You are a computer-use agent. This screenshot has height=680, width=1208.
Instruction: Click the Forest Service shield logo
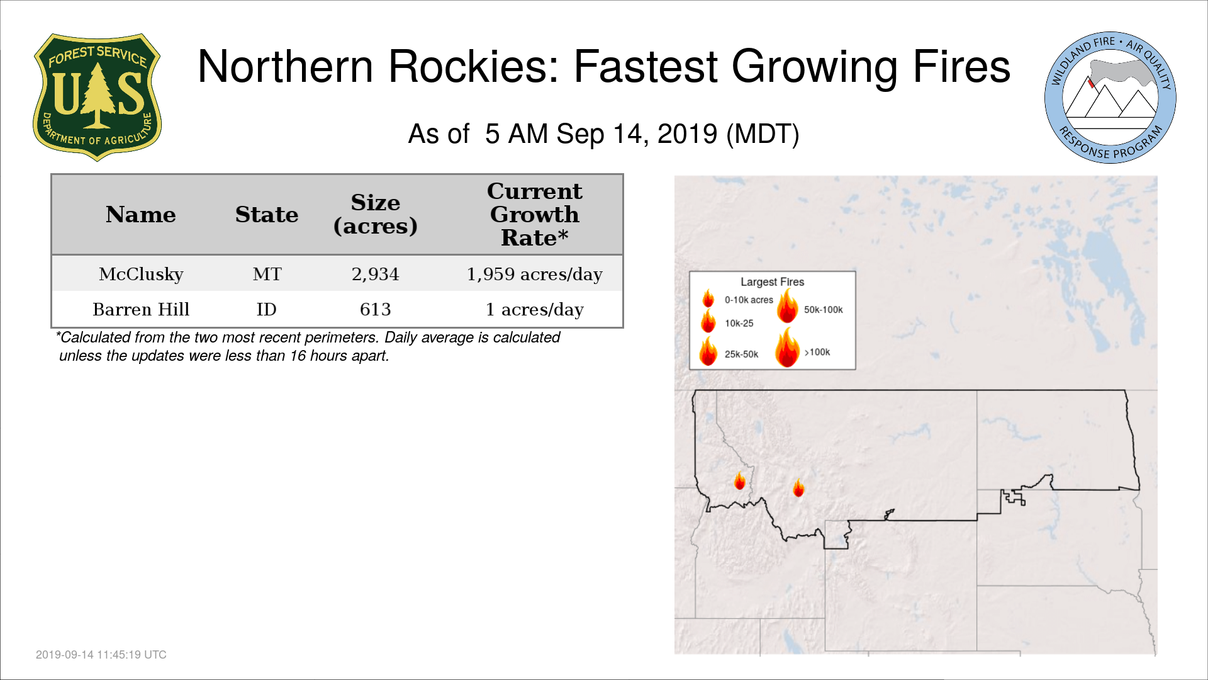97,97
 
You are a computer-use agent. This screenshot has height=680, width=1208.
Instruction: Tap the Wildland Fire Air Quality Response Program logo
1110,98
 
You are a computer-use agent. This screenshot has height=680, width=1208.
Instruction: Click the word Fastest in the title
646,66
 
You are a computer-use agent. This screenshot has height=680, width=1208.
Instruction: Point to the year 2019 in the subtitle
687,134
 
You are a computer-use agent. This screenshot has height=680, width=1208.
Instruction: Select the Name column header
141,215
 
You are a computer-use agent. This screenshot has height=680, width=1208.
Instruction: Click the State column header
267,215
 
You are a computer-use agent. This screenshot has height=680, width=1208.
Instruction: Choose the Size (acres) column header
376,214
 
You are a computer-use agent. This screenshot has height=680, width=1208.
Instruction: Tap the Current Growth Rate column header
535,214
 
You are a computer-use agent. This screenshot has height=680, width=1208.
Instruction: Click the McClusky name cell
141,274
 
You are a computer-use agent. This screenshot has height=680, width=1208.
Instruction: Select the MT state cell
267,274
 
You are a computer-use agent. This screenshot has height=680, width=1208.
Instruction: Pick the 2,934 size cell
376,275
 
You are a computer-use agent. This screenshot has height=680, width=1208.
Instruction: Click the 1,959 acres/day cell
535,275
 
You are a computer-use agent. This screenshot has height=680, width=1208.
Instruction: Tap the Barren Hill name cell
141,309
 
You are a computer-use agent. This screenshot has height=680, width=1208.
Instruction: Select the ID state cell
267,309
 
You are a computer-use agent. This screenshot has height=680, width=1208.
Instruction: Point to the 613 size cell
376,309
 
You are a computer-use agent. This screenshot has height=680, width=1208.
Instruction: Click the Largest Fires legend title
772,282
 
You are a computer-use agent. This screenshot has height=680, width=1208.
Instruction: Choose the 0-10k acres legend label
749,300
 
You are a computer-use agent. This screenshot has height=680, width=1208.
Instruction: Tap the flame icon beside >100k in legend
787,347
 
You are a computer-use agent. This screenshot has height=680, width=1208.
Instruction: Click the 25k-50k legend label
741,354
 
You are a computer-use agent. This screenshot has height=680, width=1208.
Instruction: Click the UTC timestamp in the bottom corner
101,655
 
